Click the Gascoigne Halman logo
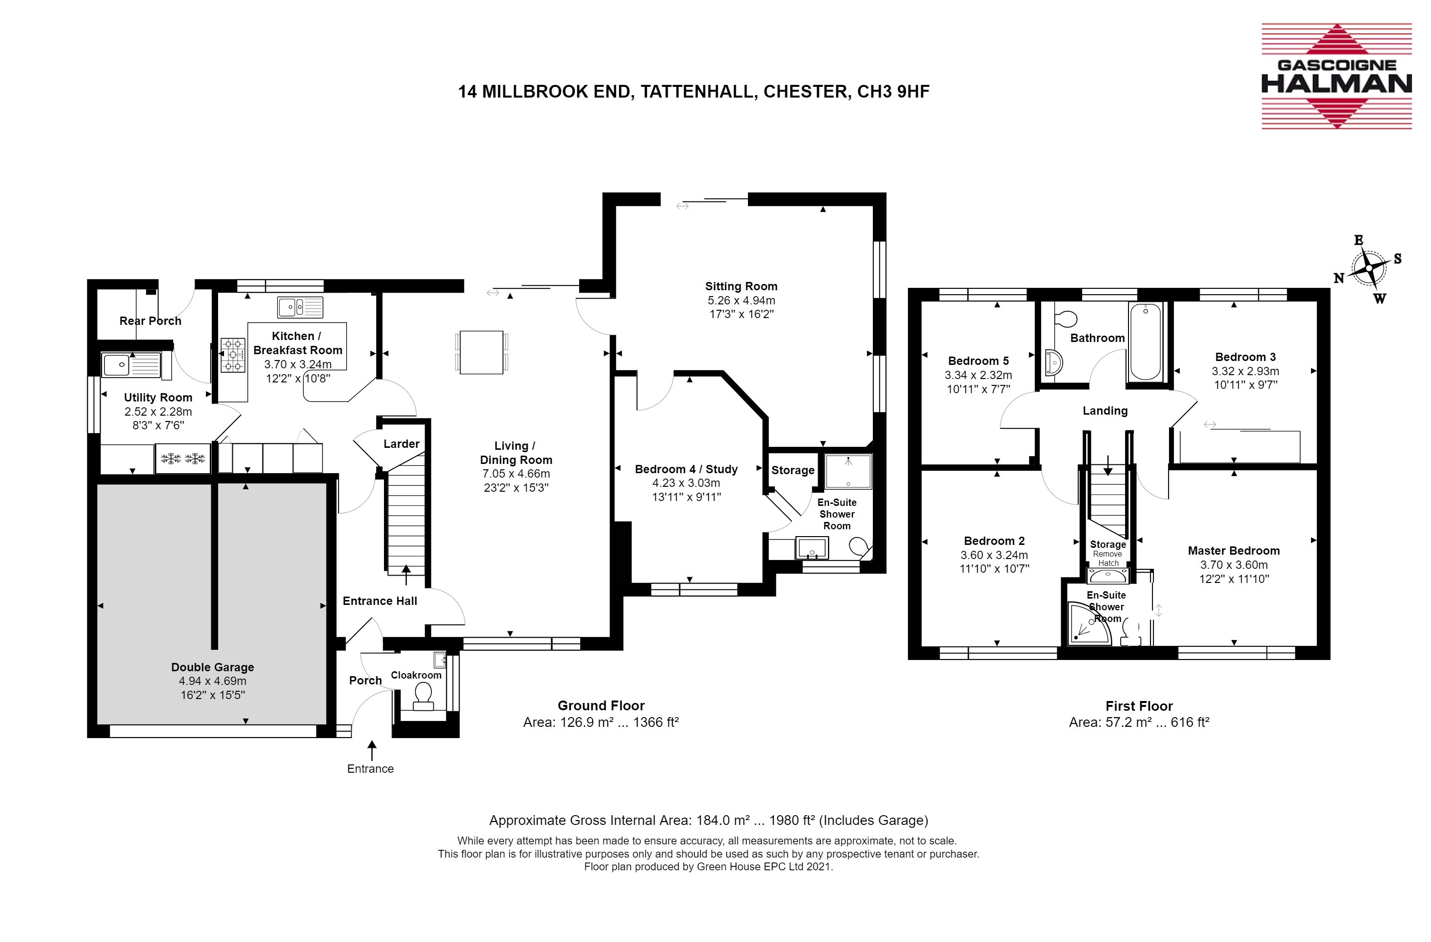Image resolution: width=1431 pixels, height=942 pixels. [x=1336, y=77]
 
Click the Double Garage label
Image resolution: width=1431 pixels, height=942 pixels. [x=212, y=667]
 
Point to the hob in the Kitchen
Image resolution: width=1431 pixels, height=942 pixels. [x=233, y=355]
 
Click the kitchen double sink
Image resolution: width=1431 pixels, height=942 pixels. [x=300, y=307]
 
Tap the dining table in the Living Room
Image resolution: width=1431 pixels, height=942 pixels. [x=481, y=352]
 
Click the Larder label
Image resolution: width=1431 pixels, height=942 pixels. [x=402, y=443]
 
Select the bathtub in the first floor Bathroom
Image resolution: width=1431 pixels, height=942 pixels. [x=1146, y=342]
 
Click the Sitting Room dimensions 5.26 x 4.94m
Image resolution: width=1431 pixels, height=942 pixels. [x=741, y=300]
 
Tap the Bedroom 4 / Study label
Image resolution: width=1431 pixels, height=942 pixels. [x=686, y=469]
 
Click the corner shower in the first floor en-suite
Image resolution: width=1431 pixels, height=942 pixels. [x=1089, y=624]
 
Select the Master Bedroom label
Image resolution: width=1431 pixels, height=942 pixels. [x=1234, y=551]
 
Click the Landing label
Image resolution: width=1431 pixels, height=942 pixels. [x=1105, y=411]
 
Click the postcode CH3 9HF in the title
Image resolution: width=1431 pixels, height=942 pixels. [x=893, y=91]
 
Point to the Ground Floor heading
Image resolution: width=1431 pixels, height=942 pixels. [x=601, y=706]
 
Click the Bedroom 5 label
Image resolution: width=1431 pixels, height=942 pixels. [x=978, y=361]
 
